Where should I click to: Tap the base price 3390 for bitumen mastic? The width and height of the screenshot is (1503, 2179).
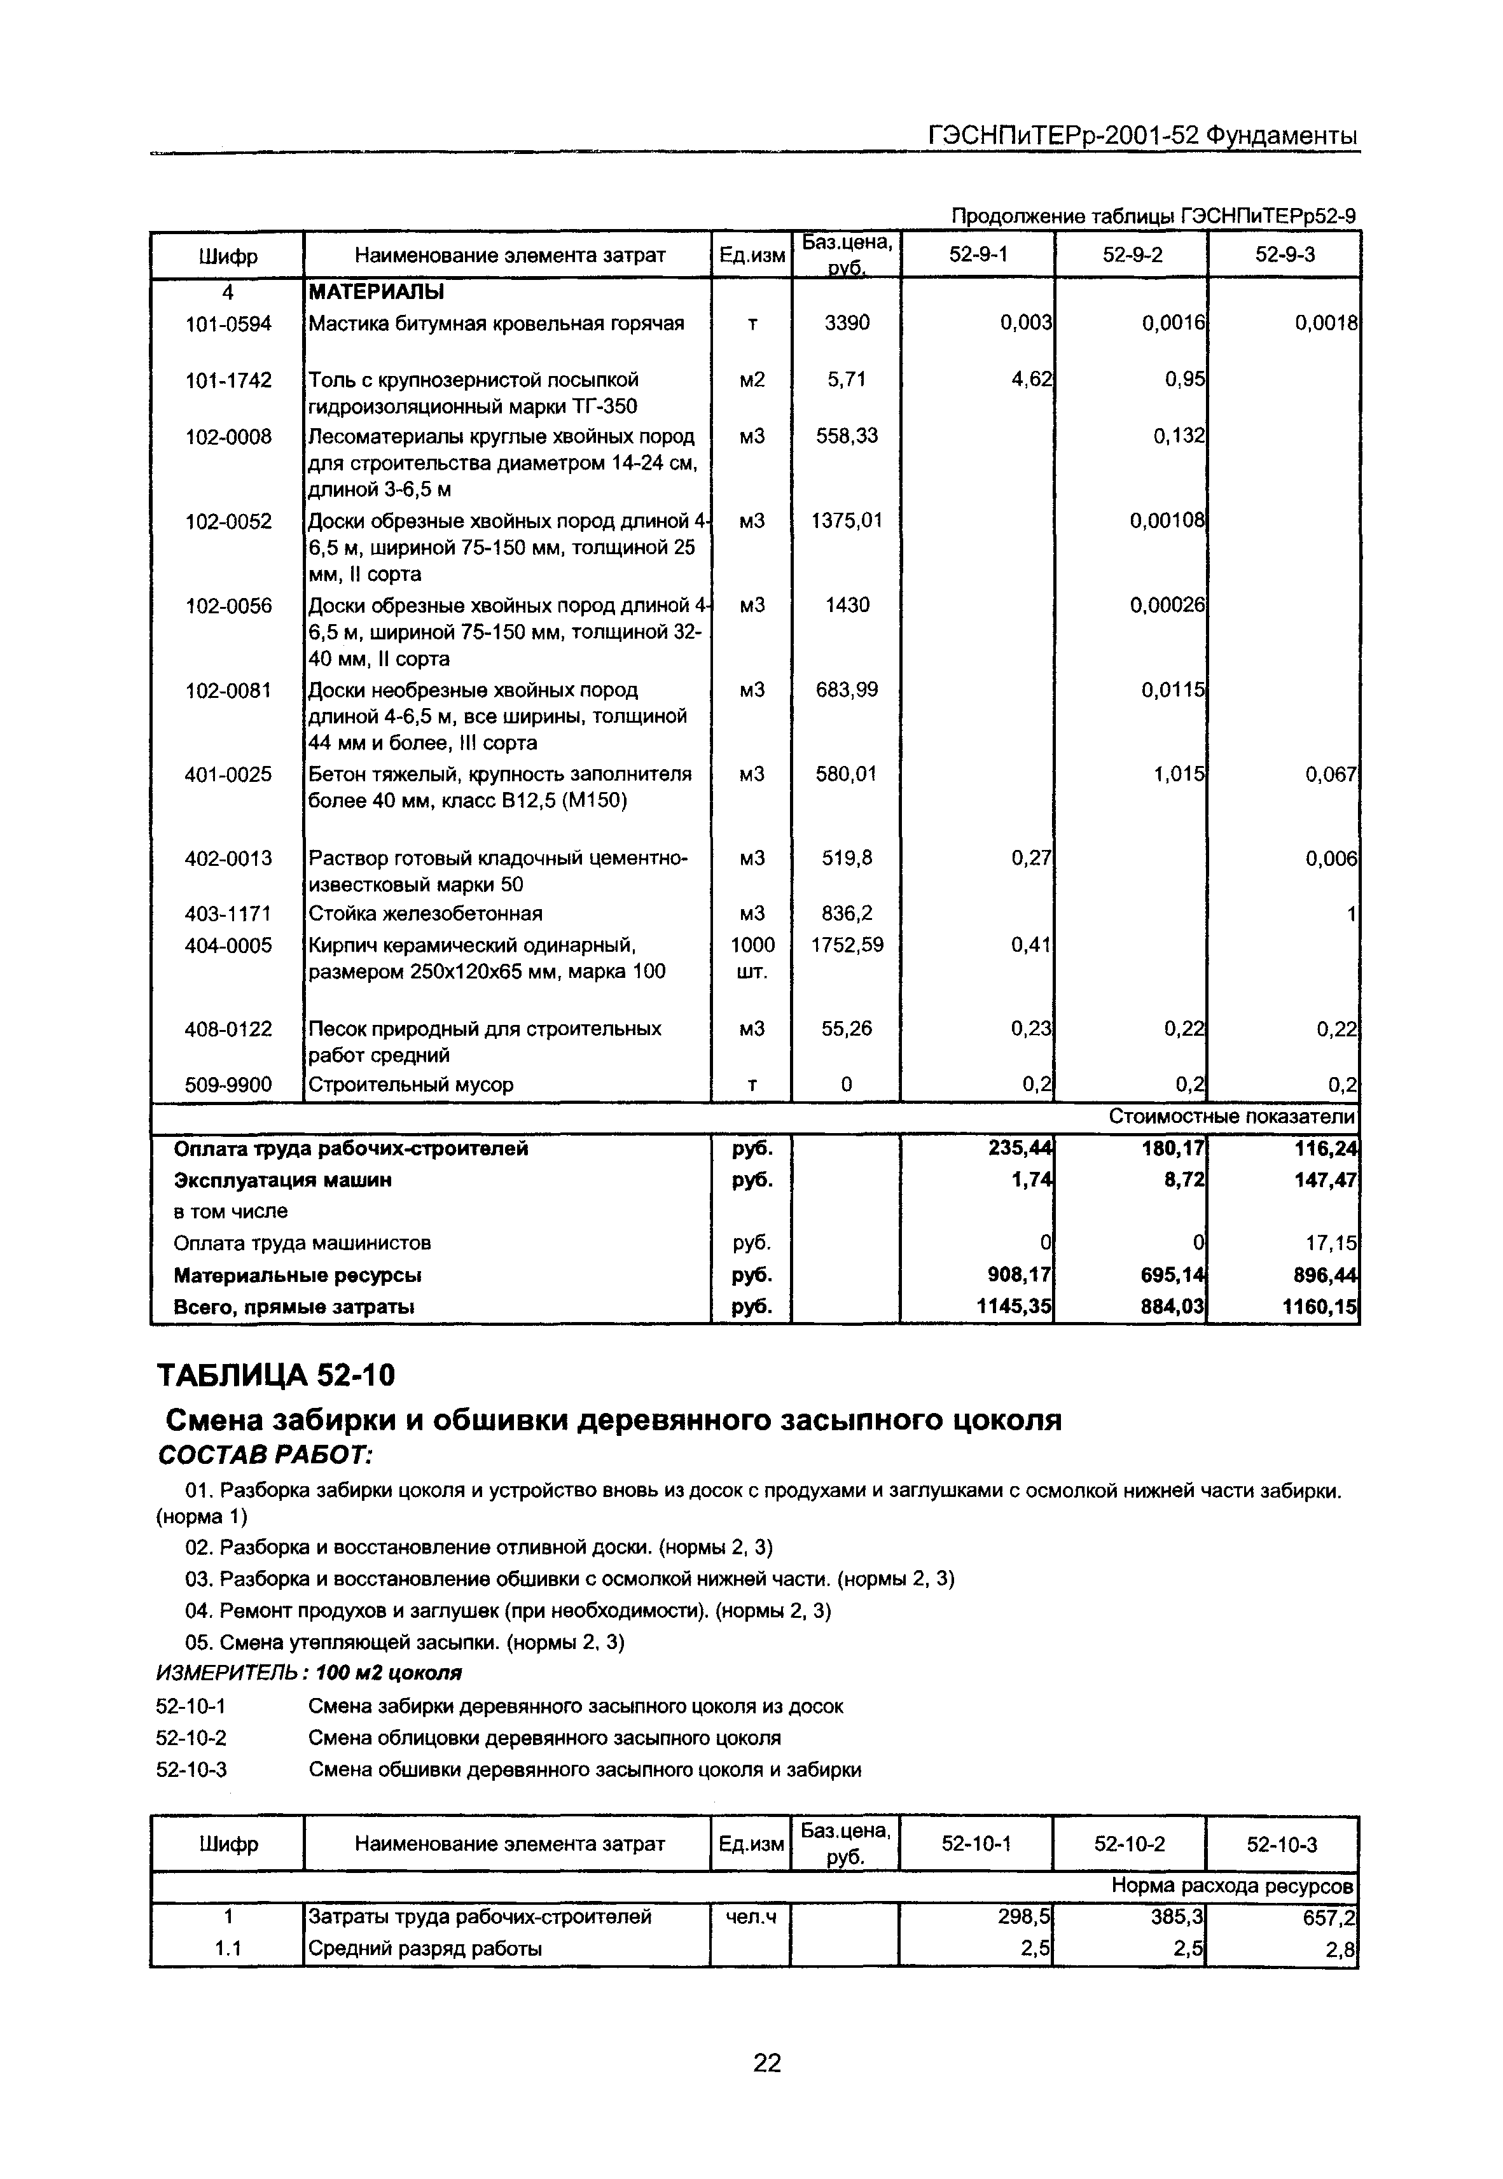pos(847,323)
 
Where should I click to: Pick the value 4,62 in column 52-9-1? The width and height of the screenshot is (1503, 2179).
pos(1030,379)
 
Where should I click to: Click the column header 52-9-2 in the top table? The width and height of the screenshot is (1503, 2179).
pos(1132,254)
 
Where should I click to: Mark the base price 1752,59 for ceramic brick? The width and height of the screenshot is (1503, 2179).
pos(847,945)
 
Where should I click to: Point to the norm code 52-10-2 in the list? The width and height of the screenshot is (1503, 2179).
pos(191,1737)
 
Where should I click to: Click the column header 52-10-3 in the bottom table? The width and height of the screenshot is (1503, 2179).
pos(1282,1844)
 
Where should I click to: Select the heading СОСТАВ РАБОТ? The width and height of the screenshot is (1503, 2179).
pos(266,1455)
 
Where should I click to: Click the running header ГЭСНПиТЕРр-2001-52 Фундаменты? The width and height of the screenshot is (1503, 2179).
pos(1143,136)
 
